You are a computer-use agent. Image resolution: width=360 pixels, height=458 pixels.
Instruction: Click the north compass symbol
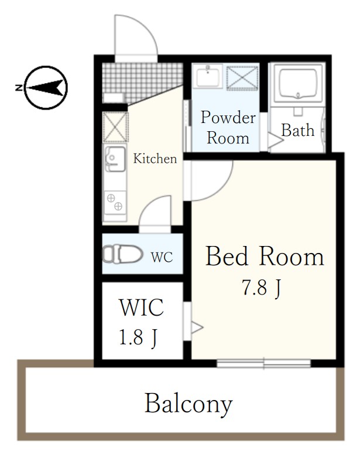46,87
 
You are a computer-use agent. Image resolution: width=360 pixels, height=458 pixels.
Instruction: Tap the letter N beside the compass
19,87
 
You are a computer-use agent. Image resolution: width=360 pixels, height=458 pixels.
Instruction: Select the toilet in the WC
122,254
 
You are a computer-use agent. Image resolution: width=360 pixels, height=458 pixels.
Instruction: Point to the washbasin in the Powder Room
208,76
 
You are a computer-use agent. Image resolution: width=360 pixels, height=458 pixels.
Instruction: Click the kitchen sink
115,159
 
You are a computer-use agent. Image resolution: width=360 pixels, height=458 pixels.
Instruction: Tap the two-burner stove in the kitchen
115,202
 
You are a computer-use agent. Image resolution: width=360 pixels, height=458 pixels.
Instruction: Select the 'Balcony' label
188,404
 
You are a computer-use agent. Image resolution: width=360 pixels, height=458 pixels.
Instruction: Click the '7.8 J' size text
261,288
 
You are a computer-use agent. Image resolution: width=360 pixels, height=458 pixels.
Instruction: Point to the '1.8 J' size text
138,337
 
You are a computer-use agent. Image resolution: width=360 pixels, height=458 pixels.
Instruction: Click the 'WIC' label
142,307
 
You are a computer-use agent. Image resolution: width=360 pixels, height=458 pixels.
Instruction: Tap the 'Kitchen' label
155,159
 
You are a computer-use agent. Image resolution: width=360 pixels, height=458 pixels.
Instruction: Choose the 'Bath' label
297,130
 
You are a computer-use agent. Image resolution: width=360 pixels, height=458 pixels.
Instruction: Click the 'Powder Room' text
228,127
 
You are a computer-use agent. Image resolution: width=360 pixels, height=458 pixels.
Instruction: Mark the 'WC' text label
162,257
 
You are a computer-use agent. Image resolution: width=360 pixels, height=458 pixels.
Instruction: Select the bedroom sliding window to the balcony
263,363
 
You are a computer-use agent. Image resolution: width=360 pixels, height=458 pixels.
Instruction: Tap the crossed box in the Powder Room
242,77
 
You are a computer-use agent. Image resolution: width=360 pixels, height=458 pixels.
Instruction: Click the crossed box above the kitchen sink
115,127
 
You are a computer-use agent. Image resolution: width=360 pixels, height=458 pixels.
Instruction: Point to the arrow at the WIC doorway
197,327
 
